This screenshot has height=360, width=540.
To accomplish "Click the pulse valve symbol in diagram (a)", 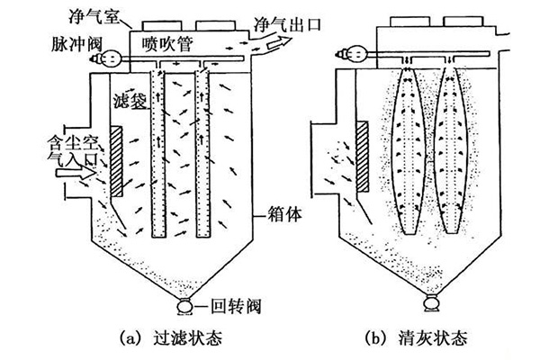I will pos(112,59).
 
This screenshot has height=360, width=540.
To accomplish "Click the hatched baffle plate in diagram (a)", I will pos(117,163).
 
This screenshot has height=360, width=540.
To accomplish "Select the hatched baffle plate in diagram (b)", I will pos(362,163).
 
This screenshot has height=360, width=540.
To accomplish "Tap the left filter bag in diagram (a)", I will pos(157,153).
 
